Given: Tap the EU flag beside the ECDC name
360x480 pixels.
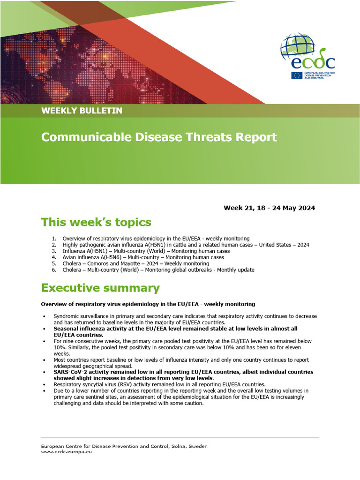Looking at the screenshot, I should coord(296,75).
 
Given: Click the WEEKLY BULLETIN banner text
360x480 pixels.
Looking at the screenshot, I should coord(82,111).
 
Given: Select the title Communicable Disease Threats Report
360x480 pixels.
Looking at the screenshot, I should coord(159,137).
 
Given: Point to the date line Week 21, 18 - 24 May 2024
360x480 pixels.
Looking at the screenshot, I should coord(269,208).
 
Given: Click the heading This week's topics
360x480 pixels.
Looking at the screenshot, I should coord(96,222).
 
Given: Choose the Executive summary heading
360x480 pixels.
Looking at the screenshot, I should coord(100,287).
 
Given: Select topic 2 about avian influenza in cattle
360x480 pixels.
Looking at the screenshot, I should coord(186,245).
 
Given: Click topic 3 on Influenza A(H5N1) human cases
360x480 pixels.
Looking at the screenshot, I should coord(146,251).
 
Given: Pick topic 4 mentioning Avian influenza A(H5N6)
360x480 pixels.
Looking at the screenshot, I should coord(143,257).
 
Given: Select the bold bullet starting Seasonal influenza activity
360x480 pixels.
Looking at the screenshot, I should coord(175,332).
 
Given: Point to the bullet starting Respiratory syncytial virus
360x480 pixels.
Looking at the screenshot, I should coord(159,384).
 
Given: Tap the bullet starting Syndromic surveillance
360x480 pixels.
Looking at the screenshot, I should coord(185,319).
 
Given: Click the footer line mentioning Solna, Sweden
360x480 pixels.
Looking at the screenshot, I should coord(124,446).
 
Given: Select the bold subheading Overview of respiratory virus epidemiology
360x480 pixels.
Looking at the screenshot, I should coord(148,304).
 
